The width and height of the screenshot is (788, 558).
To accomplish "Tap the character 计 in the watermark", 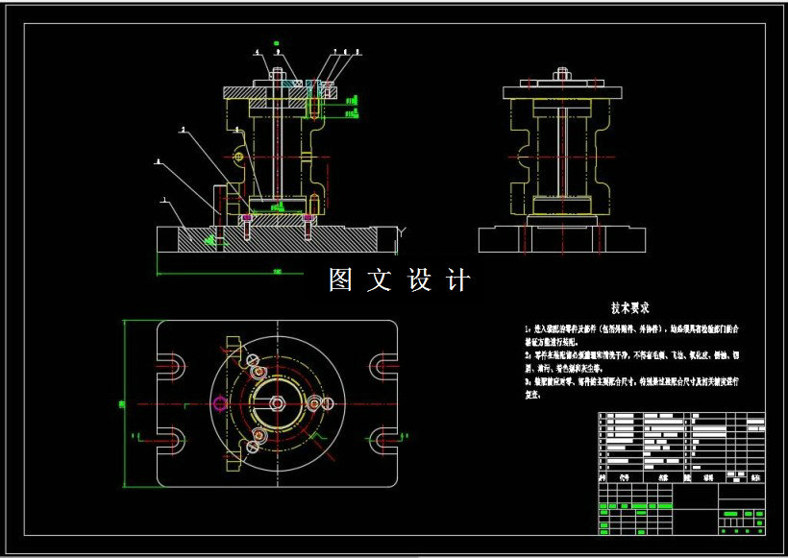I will pyautogui.click(x=458, y=280).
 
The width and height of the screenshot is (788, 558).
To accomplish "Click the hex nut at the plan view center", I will pyautogui.click(x=277, y=403).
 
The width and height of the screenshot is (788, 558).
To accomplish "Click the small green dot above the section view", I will pyautogui.click(x=276, y=42).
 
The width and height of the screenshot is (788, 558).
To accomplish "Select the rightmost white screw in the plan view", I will pyautogui.click(x=313, y=403).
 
